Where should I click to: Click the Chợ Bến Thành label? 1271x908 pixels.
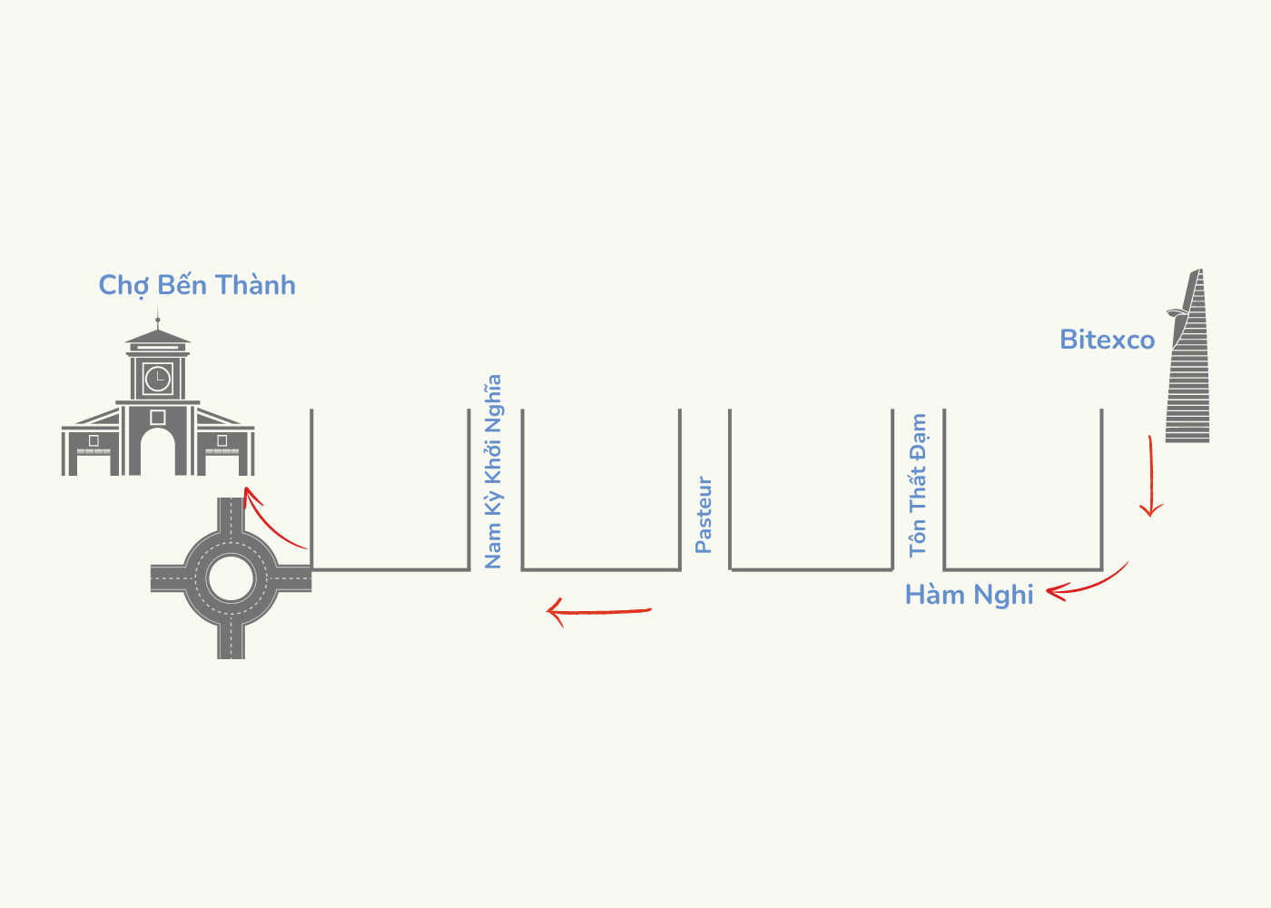coord(197,285)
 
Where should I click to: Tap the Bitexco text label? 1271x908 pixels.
coord(1107,340)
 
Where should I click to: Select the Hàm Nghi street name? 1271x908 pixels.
coord(969,595)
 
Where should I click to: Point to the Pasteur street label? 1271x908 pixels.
coord(704,515)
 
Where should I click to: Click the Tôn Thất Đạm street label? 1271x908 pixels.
coord(918,485)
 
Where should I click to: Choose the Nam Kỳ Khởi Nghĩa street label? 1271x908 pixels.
coord(493,472)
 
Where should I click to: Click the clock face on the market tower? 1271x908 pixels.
coord(158,378)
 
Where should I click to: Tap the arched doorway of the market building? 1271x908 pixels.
coord(158,451)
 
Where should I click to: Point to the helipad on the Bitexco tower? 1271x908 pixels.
coord(1177,314)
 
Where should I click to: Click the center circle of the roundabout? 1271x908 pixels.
coord(231,577)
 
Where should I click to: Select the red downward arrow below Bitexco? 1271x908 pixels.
coord(1151,477)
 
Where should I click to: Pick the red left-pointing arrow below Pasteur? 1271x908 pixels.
coord(599,611)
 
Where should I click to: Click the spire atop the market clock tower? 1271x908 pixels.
coord(158,317)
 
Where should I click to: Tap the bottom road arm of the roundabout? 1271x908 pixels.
coord(231,639)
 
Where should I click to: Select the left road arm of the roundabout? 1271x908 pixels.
coord(169,577)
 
